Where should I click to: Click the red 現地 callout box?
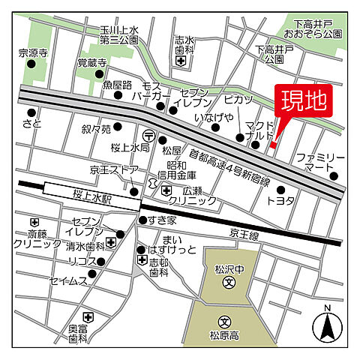[x=304, y=102]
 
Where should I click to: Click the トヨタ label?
[x=280, y=201]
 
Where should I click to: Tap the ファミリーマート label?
[x=319, y=163]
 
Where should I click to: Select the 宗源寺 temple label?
[x=32, y=53]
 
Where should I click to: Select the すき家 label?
[x=161, y=220]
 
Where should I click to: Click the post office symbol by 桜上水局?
[x=150, y=136]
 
